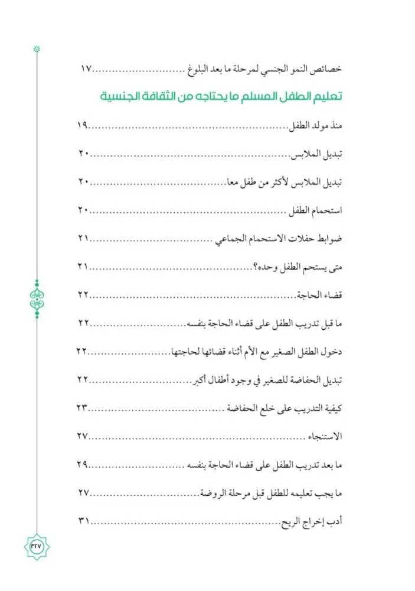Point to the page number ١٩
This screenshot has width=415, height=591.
click(83, 125)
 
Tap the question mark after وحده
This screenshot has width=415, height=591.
click(256, 267)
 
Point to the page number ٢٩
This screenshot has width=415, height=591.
click(82, 465)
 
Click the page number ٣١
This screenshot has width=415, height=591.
click(83, 521)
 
